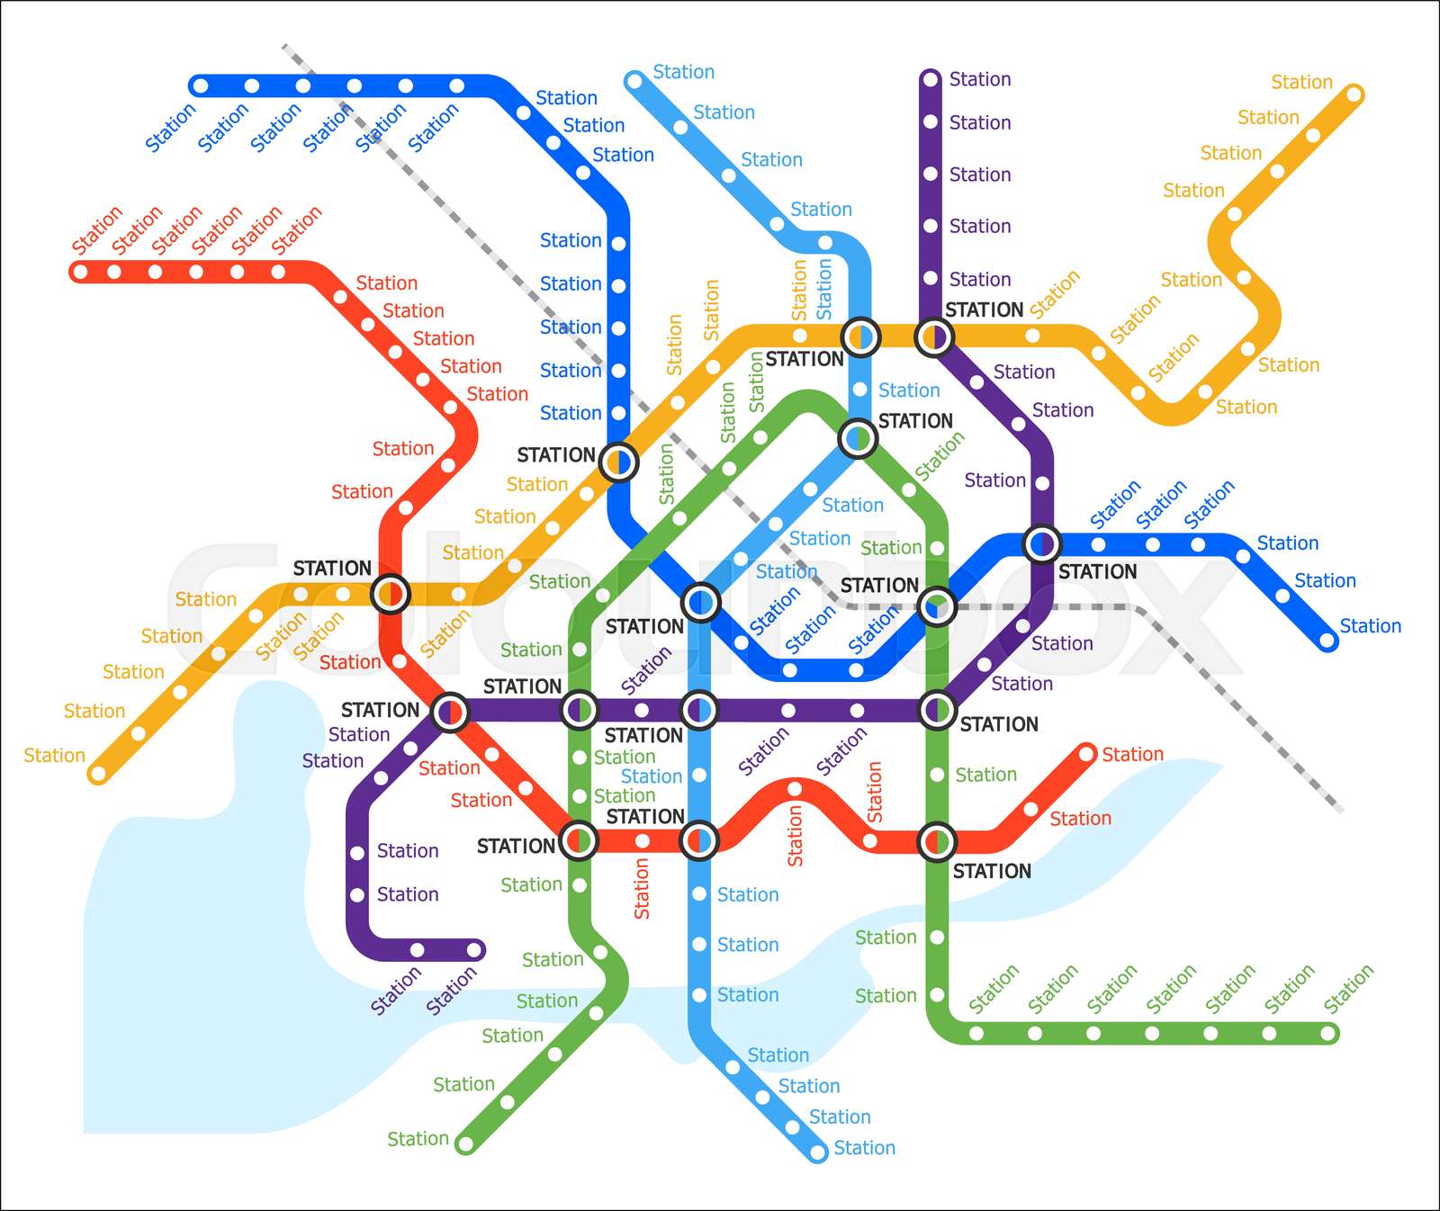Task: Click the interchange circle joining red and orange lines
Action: coord(391,593)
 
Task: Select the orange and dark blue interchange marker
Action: coord(618,462)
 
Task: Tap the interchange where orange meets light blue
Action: coord(861,337)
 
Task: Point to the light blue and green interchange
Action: coord(858,439)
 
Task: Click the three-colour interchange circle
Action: coord(937,605)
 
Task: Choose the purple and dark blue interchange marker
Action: coord(1042,543)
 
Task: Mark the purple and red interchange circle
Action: coord(450,713)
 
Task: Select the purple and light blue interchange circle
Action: coord(700,711)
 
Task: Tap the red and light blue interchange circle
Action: coord(699,841)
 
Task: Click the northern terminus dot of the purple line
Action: coord(931,79)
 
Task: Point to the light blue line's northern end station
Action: coord(634,81)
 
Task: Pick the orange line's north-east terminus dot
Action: coord(1354,94)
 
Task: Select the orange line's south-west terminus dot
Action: coord(98,774)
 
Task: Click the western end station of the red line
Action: coord(80,272)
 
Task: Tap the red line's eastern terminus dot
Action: coord(1086,753)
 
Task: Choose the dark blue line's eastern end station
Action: coord(1327,641)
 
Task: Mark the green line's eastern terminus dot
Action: coord(1328,1034)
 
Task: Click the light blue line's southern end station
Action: coord(818,1153)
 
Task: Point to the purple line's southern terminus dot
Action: coord(474,950)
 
